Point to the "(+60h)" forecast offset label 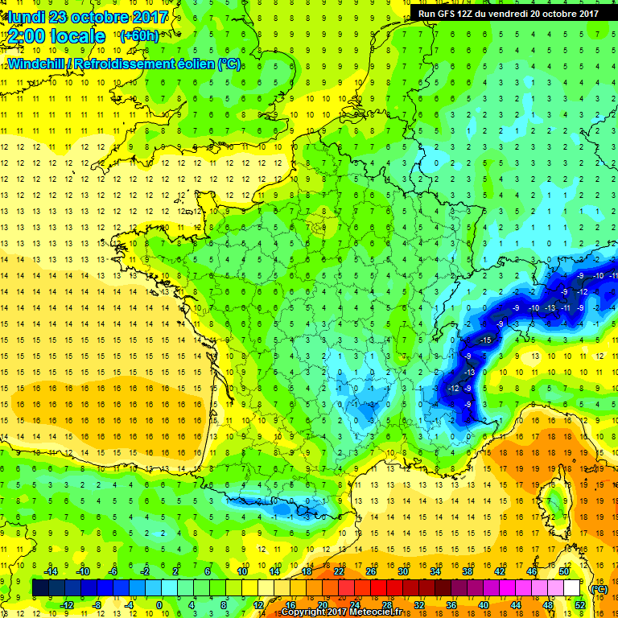click(x=139, y=36)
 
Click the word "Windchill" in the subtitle click(x=37, y=63)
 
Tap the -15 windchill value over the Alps click(x=484, y=341)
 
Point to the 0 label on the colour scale click(x=159, y=604)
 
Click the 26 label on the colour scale click(x=371, y=571)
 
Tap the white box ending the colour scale click(x=572, y=588)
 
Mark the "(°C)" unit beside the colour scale click(x=598, y=589)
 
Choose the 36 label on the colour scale click(x=451, y=604)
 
